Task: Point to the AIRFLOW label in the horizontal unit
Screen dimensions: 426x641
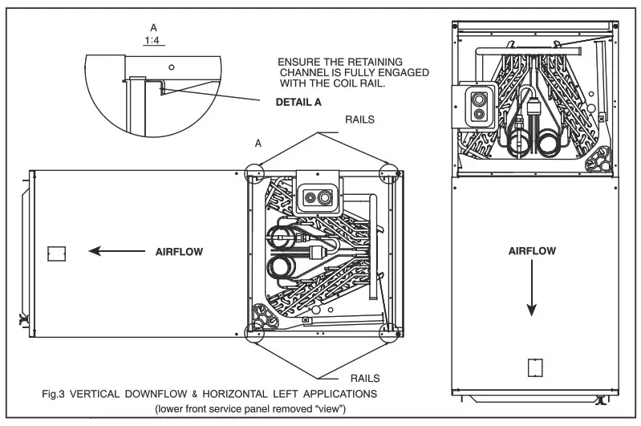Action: [179, 251]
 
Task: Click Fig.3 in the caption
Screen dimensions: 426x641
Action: [59, 395]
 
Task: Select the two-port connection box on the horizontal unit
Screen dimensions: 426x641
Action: [318, 194]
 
